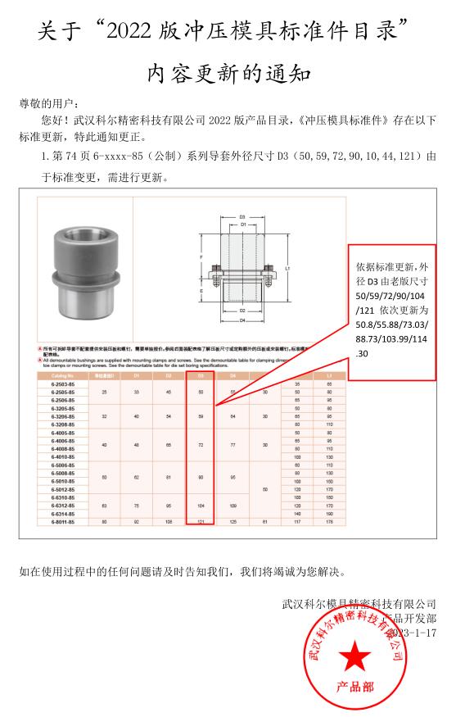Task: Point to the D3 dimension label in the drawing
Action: [x=242, y=217]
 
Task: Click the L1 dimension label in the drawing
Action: [x=287, y=268]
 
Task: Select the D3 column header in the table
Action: [x=201, y=375]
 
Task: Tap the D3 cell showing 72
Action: [x=201, y=445]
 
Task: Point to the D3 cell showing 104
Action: [x=201, y=506]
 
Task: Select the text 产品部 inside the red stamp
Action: [x=354, y=687]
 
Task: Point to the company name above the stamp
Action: [x=359, y=604]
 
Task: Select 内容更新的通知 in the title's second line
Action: [x=228, y=75]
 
